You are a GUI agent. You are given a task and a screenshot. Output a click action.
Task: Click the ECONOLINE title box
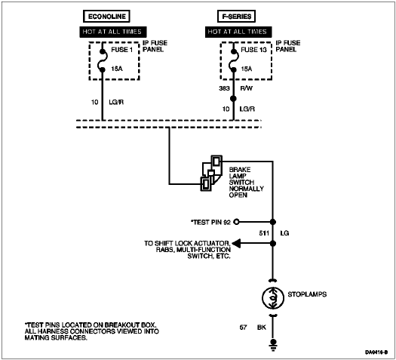pyautogui.click(x=106, y=17)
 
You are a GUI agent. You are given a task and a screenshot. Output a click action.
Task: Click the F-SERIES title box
pyautogui.click(x=236, y=17)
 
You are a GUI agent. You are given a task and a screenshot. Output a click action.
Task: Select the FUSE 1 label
pyautogui.click(x=121, y=50)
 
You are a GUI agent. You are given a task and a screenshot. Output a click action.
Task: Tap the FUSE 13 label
pyautogui.click(x=253, y=50)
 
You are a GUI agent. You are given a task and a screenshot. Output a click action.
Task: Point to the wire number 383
pyautogui.click(x=224, y=88)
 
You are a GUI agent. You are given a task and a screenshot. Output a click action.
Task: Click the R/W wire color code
pyautogui.click(x=246, y=88)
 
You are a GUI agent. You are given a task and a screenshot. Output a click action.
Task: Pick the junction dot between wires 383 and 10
pyautogui.click(x=233, y=99)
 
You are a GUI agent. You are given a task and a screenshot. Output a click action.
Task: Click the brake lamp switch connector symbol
pyautogui.click(x=211, y=173)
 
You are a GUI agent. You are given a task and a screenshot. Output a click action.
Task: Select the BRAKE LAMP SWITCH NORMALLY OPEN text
pyautogui.click(x=246, y=182)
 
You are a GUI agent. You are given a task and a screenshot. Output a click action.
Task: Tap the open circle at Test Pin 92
pyautogui.click(x=236, y=222)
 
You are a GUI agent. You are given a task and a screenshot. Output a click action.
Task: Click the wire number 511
pyautogui.click(x=264, y=233)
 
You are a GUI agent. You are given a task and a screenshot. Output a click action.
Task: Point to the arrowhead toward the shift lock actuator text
pyautogui.click(x=236, y=244)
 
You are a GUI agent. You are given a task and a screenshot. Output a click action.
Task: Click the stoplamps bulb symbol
pyautogui.click(x=273, y=298)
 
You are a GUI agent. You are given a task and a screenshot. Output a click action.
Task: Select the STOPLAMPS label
pyautogui.click(x=307, y=294)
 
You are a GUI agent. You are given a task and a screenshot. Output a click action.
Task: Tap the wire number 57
pyautogui.click(x=243, y=328)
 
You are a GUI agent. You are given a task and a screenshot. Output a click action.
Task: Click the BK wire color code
pyautogui.click(x=262, y=328)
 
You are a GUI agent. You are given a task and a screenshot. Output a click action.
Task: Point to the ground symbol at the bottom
pyautogui.click(x=273, y=345)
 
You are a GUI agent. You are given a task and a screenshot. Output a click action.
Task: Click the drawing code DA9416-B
pyautogui.click(x=376, y=352)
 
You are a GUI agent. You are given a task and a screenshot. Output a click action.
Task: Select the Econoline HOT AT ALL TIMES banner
pyautogui.click(x=113, y=32)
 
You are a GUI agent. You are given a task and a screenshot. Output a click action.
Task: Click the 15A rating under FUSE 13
pyautogui.click(x=247, y=69)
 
